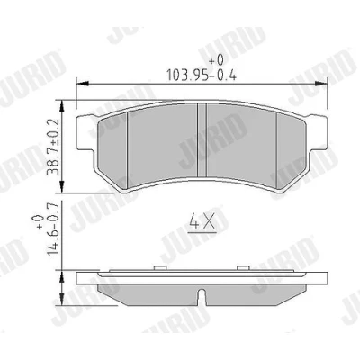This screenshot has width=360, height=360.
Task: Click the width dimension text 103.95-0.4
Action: point(202,75)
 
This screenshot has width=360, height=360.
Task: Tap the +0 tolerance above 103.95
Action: point(216,60)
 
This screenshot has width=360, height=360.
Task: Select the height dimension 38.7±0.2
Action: point(53,147)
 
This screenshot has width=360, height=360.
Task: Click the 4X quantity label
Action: point(202,221)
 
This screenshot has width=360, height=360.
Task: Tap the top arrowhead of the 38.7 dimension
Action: point(62,106)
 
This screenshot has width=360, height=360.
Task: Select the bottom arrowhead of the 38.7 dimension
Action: point(62,186)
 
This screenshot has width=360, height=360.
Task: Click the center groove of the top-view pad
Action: point(202,140)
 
